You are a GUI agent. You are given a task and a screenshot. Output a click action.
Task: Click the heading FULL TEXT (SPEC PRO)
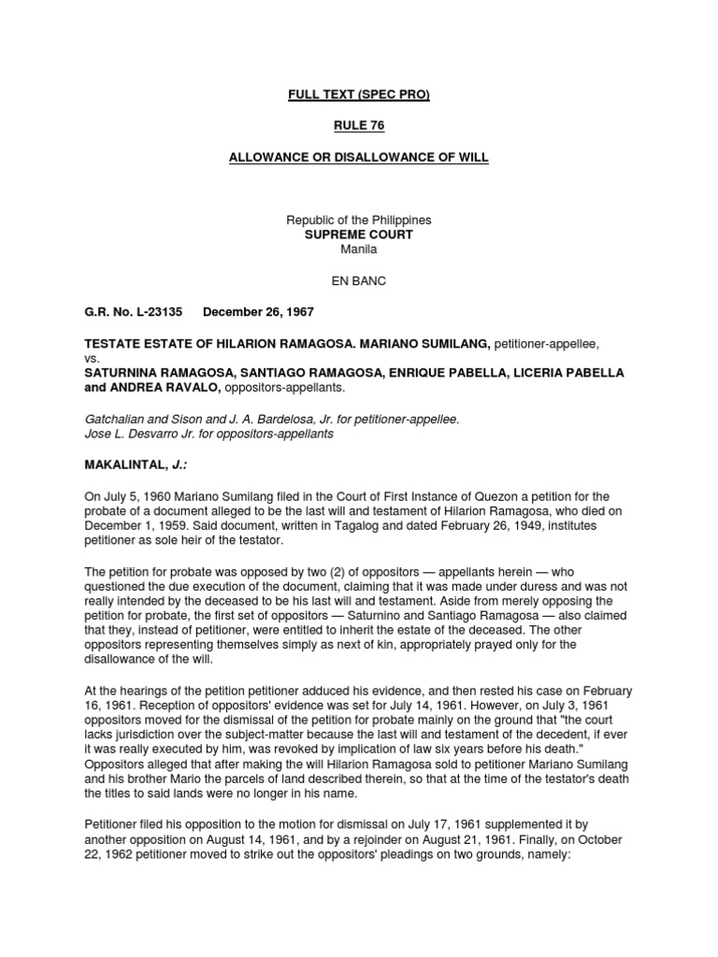[359, 95]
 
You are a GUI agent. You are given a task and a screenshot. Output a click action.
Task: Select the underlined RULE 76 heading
[359, 126]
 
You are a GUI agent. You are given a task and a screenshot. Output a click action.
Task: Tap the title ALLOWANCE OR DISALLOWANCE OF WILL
[359, 157]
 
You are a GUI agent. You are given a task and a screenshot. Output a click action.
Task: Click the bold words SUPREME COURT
[359, 235]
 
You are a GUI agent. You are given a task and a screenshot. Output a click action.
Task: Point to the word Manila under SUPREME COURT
[359, 250]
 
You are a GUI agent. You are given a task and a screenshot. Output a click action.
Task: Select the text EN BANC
[359, 279]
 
